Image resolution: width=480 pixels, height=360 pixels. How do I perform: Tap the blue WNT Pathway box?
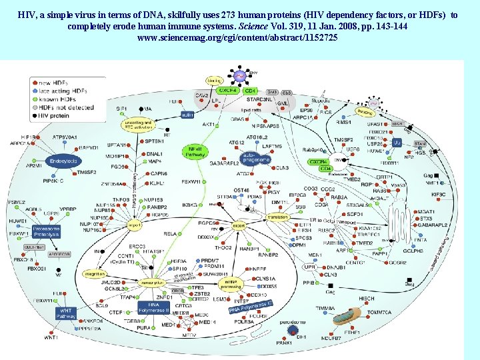pyautogui.click(x=66, y=312)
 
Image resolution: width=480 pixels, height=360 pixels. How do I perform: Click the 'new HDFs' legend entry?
pyautogui.click(x=56, y=83)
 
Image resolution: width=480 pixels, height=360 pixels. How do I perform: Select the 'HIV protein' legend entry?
pyautogui.click(x=53, y=115)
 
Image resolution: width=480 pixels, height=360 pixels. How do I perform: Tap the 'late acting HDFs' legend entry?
pyautogui.click(x=62, y=91)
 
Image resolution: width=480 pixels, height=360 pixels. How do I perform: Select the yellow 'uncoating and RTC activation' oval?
pyautogui.click(x=139, y=125)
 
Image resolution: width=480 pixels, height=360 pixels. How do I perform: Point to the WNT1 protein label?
pyautogui.click(x=51, y=338)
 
